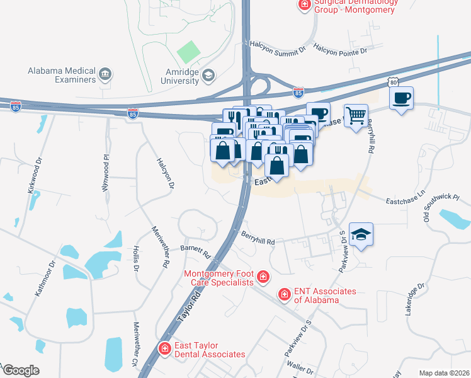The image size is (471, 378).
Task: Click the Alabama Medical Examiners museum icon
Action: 105,76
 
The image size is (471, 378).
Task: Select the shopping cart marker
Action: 356,116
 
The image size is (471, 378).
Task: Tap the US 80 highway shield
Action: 394,82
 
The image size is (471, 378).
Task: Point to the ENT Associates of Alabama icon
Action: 285,295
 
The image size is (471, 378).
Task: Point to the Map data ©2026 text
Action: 444,373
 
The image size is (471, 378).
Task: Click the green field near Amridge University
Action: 187,52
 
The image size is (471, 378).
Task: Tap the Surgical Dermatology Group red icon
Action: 304,5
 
